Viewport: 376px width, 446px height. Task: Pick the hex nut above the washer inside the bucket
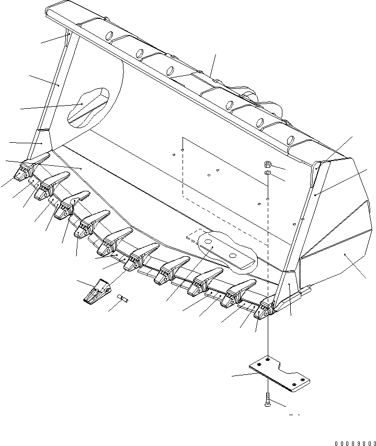[267, 164]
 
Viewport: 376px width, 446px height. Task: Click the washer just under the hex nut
[267, 173]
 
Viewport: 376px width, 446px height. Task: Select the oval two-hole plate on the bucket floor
[228, 251]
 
